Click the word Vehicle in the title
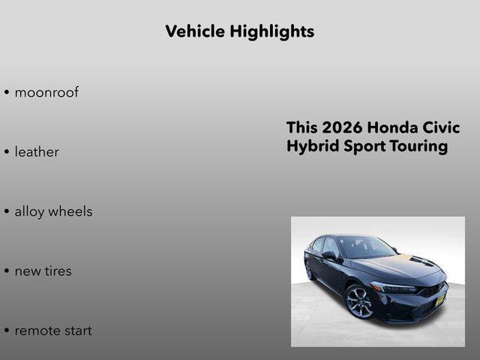point(195,31)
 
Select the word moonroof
point(46,93)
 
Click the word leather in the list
point(37,152)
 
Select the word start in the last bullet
point(78,331)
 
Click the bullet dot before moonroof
point(6,94)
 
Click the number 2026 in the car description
point(342,127)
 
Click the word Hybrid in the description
point(310,146)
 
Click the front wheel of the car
point(358,301)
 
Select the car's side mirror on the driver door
point(328,255)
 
